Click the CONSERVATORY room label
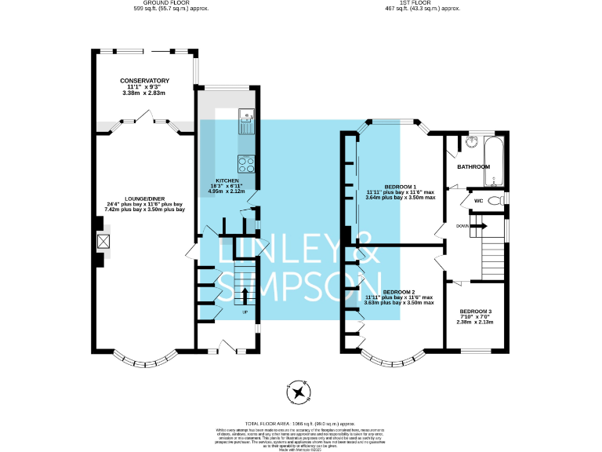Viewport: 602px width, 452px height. click(145, 81)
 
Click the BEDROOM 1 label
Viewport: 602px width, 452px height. click(400, 186)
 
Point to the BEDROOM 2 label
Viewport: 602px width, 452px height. click(400, 291)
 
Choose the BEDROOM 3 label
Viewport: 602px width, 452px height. click(476, 312)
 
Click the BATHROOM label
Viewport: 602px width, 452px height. click(473, 166)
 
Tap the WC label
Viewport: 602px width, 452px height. click(477, 201)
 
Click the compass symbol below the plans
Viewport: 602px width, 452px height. click(299, 391)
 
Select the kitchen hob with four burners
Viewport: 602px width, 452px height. click(247, 165)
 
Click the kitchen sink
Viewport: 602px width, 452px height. click(247, 122)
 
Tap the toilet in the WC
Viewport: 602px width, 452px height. click(495, 201)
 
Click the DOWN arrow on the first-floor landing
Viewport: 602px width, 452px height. click(477, 226)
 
